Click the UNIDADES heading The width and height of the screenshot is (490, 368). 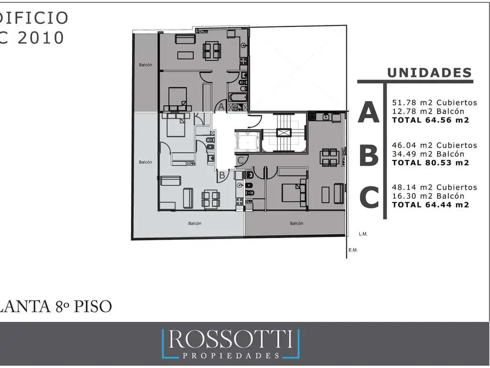pyautogui.click(x=429, y=73)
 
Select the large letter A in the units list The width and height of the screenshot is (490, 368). pyautogui.click(x=369, y=112)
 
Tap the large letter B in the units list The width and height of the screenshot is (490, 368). pyautogui.click(x=369, y=155)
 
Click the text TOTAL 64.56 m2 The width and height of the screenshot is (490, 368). pyautogui.click(x=431, y=120)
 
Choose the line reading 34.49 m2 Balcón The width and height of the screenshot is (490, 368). pyautogui.click(x=428, y=154)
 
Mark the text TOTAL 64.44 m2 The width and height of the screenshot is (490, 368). pyautogui.click(x=431, y=205)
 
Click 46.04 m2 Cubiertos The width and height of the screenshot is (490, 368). pyautogui.click(x=434, y=145)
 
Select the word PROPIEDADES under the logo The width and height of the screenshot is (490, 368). pyautogui.click(x=231, y=356)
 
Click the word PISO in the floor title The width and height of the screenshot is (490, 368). pyautogui.click(x=92, y=306)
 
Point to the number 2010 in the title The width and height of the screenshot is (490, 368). pyautogui.click(x=41, y=38)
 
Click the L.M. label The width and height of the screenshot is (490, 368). pyautogui.click(x=363, y=234)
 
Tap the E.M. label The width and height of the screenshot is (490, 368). pyautogui.click(x=353, y=250)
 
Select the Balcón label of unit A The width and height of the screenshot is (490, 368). pyautogui.click(x=145, y=65)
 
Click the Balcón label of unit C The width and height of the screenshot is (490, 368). pyautogui.click(x=297, y=223)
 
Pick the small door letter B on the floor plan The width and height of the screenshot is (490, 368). pyautogui.click(x=222, y=175)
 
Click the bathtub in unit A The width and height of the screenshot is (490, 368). pyautogui.click(x=238, y=97)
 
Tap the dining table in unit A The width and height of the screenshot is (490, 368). pyautogui.click(x=212, y=51)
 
